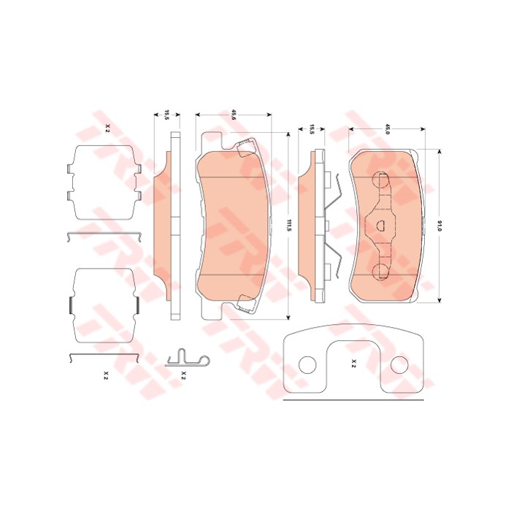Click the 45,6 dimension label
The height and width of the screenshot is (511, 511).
233,115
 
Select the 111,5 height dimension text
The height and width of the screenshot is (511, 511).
288,226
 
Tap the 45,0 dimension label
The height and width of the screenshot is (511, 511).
388,129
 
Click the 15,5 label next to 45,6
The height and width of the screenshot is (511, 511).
166,115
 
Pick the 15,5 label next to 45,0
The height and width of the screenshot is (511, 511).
312,129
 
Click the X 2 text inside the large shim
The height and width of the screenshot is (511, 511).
354,364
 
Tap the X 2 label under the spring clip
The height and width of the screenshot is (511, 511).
183,375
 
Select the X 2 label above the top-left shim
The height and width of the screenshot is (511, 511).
107,128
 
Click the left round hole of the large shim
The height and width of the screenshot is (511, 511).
307,365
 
